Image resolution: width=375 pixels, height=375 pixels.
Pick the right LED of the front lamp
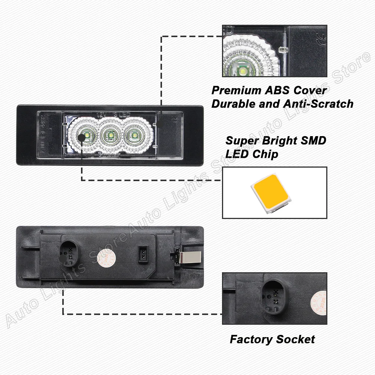134,136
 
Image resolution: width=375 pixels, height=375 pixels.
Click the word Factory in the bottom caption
252,340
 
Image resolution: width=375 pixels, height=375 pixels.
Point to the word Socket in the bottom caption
296,340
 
